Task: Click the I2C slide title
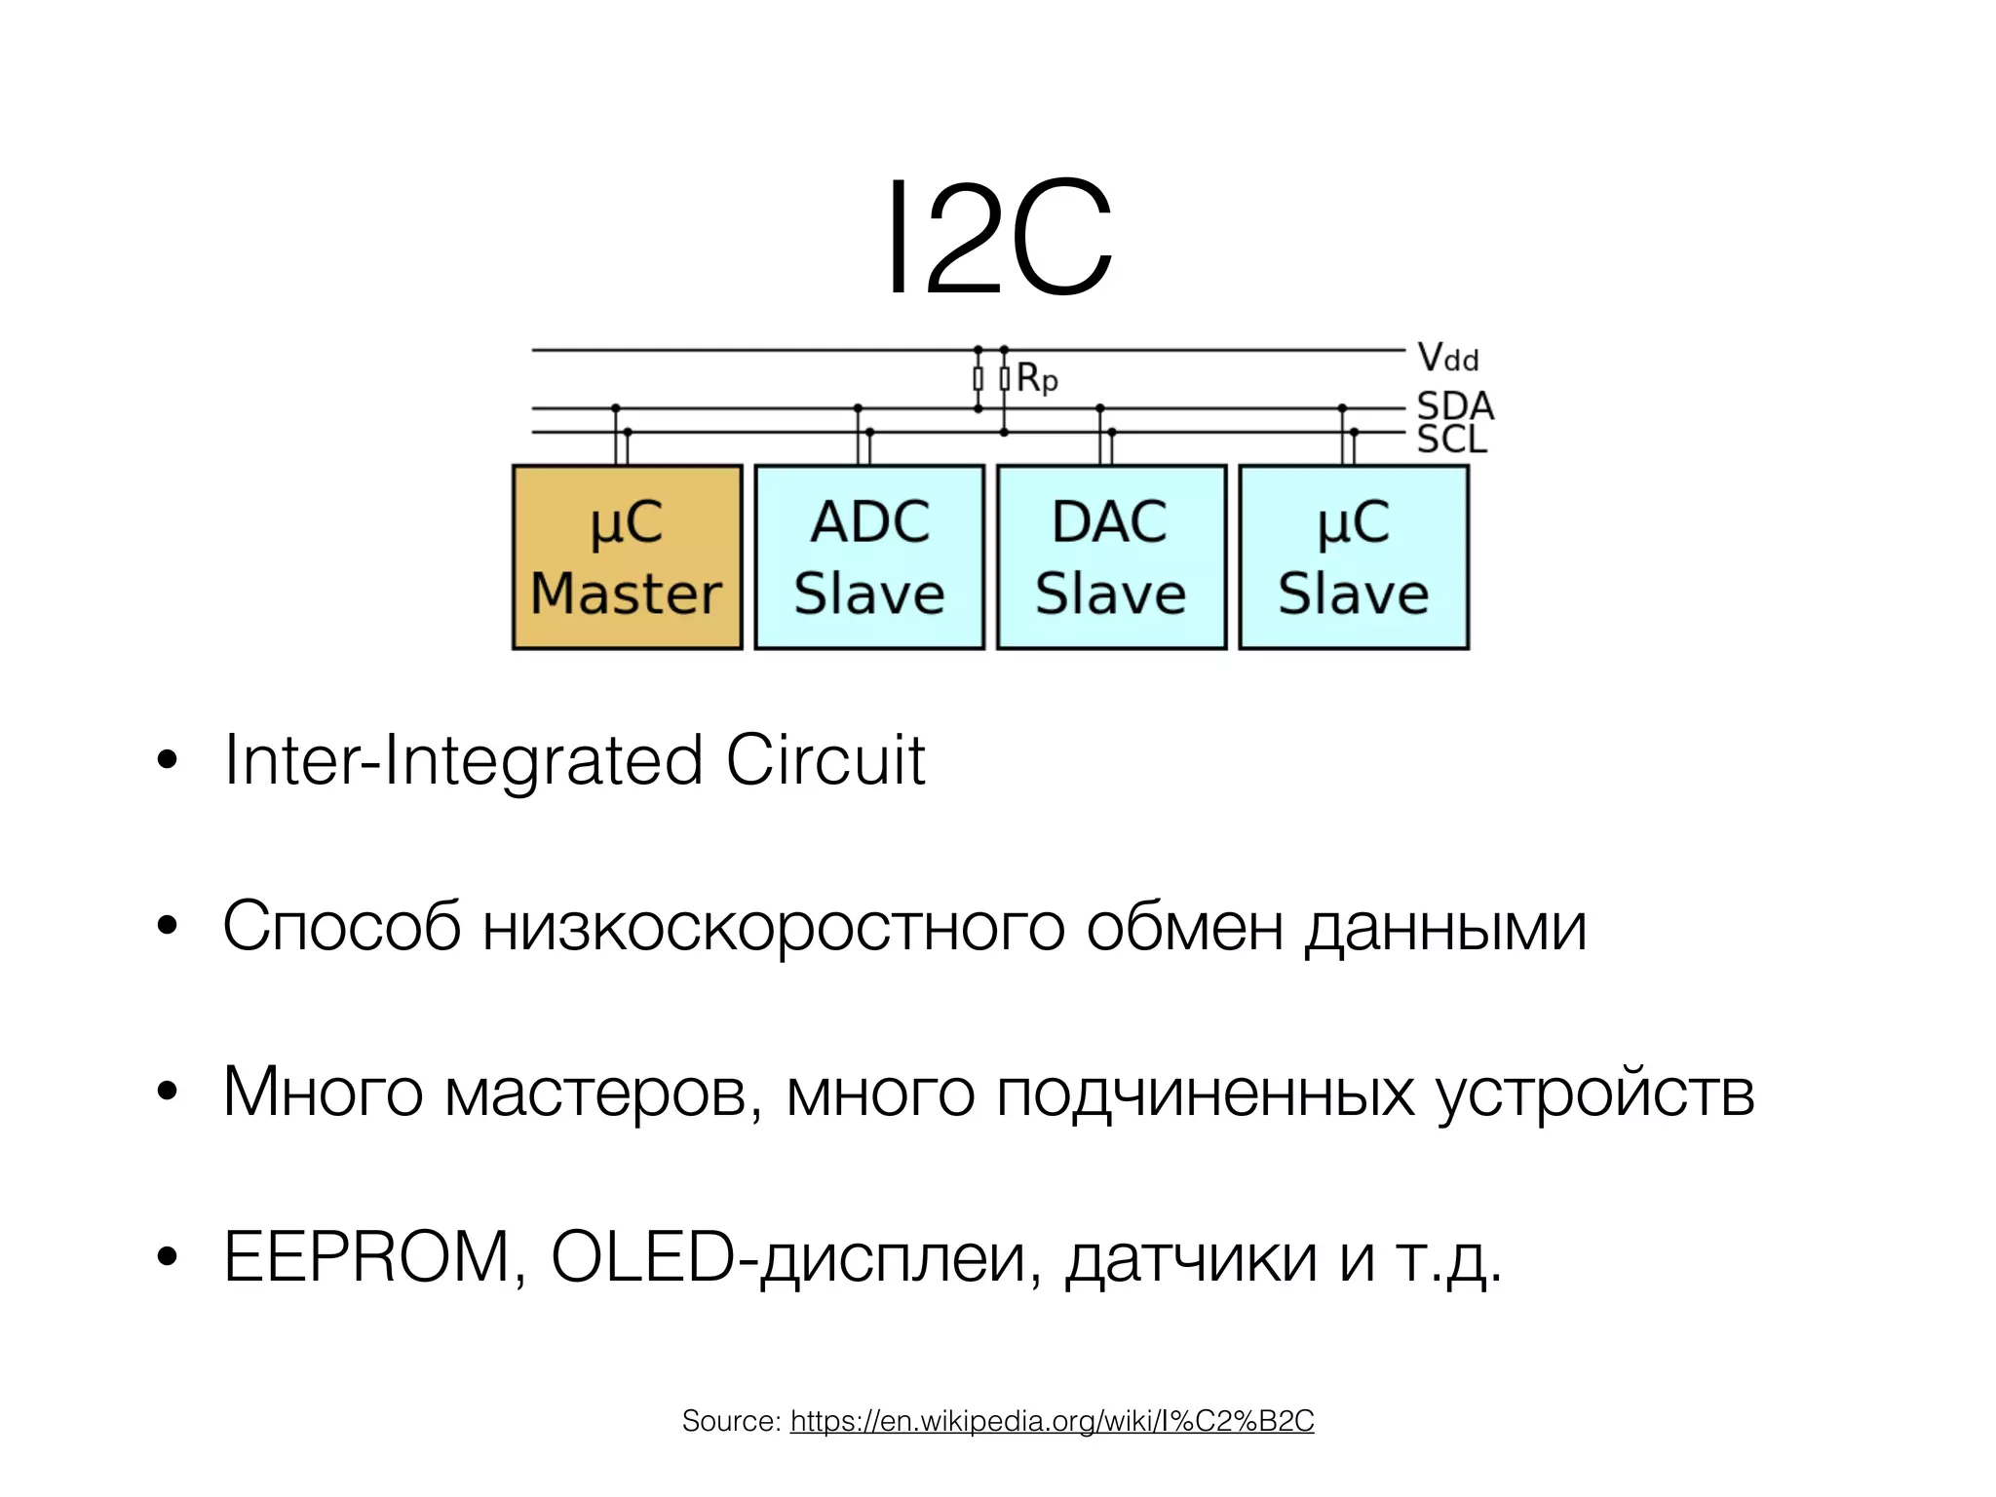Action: [x=998, y=239]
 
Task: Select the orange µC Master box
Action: [x=627, y=557]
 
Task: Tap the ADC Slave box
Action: [x=869, y=557]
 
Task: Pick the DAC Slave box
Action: [x=1111, y=557]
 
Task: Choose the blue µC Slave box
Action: [x=1354, y=557]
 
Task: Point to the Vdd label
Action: [x=1447, y=358]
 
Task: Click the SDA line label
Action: [x=1454, y=405]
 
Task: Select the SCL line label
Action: [x=1452, y=440]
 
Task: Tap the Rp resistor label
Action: [x=1037, y=378]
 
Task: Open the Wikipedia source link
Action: [x=1052, y=1421]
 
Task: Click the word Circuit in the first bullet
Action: [x=825, y=760]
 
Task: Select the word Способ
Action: [x=341, y=926]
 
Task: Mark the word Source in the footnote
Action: [x=730, y=1421]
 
